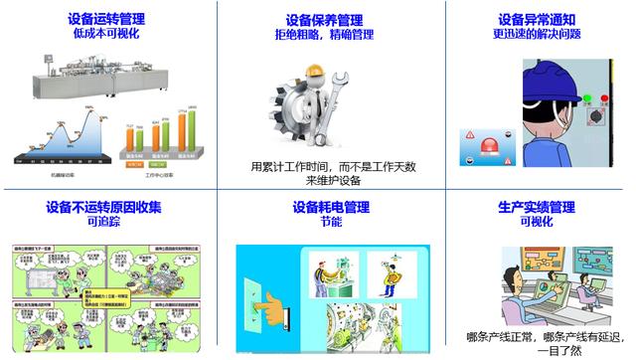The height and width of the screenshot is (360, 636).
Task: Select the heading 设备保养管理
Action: pyautogui.click(x=324, y=19)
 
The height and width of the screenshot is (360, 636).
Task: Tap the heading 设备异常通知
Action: pyautogui.click(x=538, y=19)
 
